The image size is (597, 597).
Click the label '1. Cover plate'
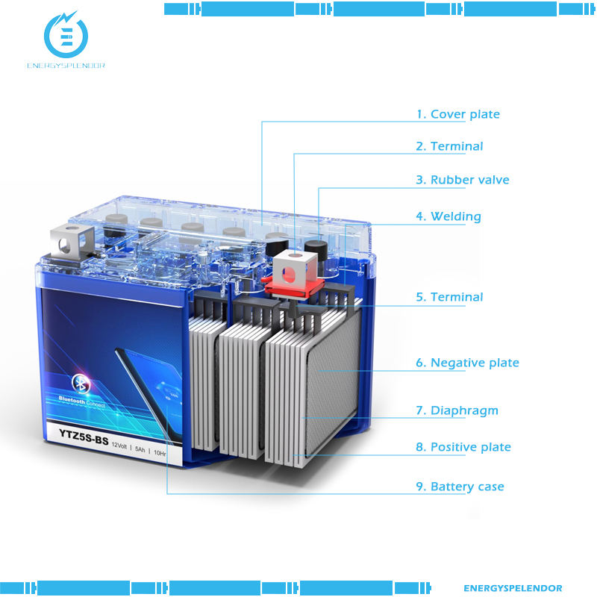point(457,114)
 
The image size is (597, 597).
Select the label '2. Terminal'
point(449,146)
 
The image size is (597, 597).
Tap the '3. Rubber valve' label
point(462,180)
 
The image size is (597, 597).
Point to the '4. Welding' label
point(448,216)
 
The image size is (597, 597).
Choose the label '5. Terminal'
point(449,297)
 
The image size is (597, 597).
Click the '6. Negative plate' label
point(467,363)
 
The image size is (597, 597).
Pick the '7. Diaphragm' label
point(457,410)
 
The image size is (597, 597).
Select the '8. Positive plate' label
point(463,447)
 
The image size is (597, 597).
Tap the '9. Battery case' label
point(460,487)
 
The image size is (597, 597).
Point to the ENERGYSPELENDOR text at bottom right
point(513,588)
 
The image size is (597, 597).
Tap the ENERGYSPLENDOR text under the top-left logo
point(66,65)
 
